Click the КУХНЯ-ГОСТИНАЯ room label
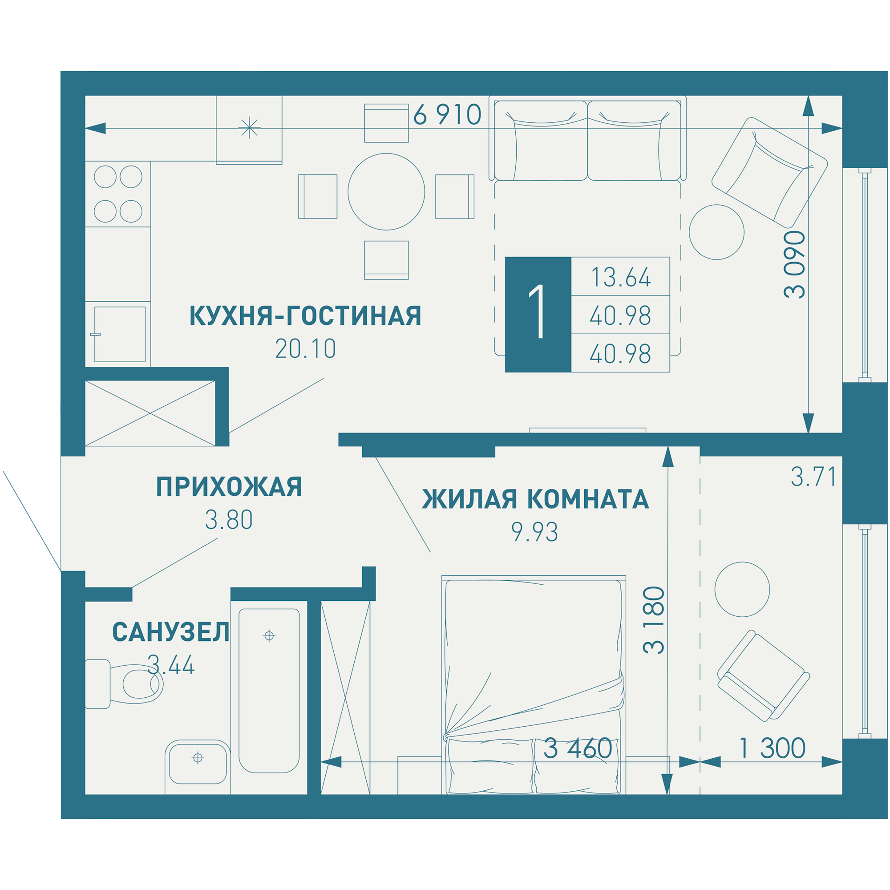click(x=305, y=316)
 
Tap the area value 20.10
click(x=305, y=349)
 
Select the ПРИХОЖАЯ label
click(x=229, y=486)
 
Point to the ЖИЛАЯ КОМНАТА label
click(x=535, y=499)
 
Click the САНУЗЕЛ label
click(x=171, y=632)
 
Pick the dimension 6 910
click(x=447, y=115)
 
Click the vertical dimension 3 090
click(x=795, y=265)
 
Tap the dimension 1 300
click(x=773, y=748)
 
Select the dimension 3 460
click(x=578, y=748)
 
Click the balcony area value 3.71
click(x=813, y=477)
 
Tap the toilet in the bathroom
click(x=125, y=684)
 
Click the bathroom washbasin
click(x=198, y=758)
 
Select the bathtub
click(x=269, y=691)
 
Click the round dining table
click(x=386, y=192)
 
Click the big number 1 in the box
click(x=538, y=315)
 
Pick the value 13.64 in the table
click(x=620, y=277)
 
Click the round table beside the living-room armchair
click(x=716, y=232)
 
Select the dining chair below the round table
click(x=386, y=260)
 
